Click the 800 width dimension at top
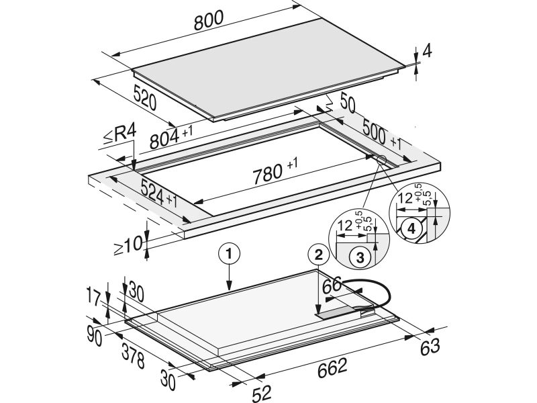pos(209,21)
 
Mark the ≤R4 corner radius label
pos(119,136)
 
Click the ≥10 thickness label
pos(127,245)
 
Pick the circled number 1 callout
pos(230,255)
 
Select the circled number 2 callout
pos(318,255)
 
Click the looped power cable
pos(384,289)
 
